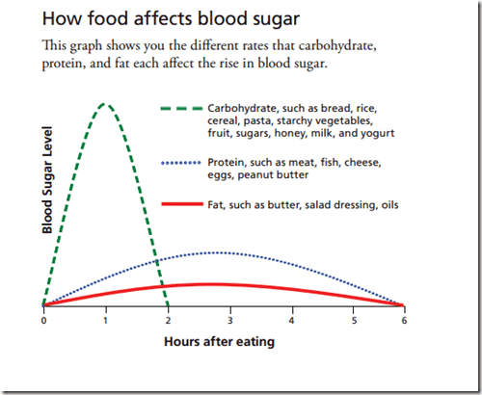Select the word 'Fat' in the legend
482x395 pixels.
point(216,205)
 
